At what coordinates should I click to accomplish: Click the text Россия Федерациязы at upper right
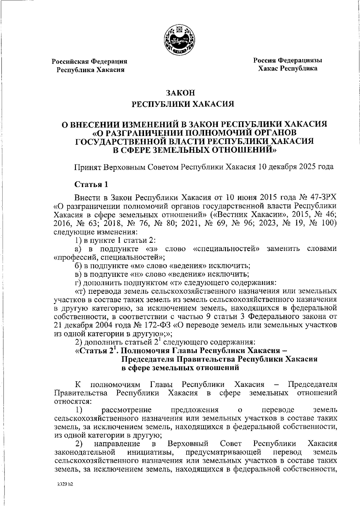288,60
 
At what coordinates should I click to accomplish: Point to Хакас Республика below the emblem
288,69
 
